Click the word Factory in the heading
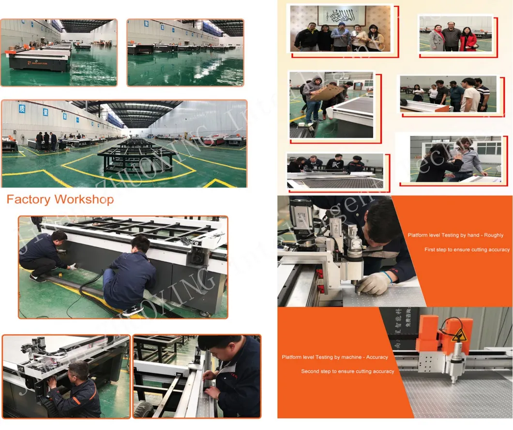[29, 199]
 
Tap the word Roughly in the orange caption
[493, 235]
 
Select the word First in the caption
[430, 250]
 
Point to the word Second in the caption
[310, 372]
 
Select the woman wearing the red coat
[468, 39]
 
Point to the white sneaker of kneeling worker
[132, 311]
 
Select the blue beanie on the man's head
[342, 25]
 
